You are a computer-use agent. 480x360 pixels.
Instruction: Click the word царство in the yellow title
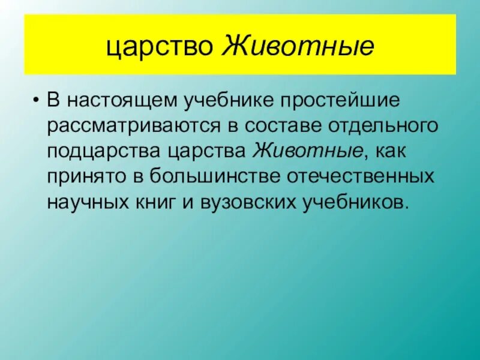pos(160,46)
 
